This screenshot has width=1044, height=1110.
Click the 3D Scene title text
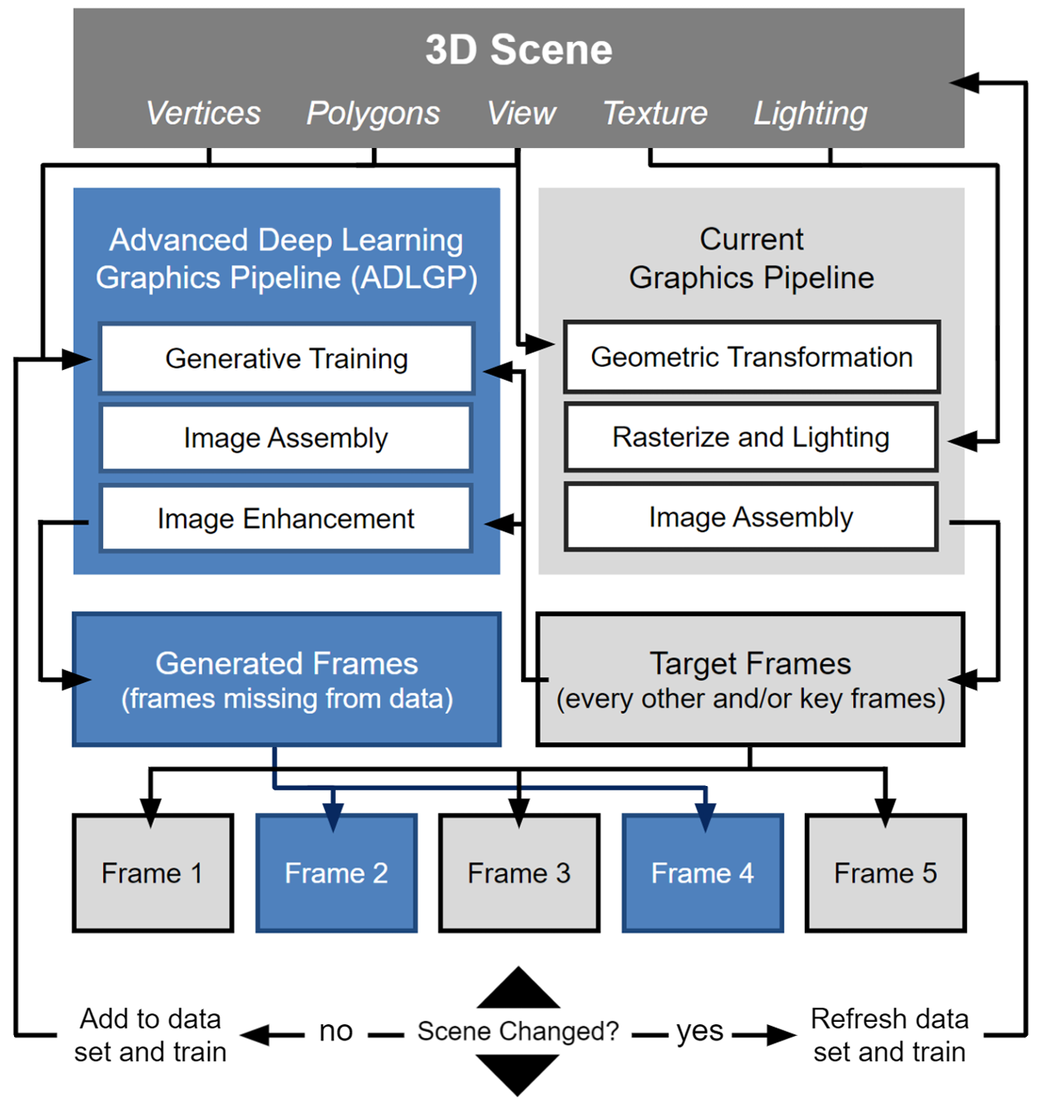click(519, 50)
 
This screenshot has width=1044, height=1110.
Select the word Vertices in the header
click(203, 114)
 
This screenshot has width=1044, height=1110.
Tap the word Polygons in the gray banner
click(373, 114)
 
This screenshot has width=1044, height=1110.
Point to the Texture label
click(655, 114)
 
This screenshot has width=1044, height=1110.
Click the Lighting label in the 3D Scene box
click(810, 114)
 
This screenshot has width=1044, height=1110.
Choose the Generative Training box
click(287, 359)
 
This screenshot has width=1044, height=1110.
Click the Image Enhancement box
click(286, 519)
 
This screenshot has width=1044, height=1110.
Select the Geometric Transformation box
click(751, 358)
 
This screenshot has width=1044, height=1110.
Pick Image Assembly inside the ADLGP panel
click(286, 439)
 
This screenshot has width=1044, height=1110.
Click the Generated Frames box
click(287, 680)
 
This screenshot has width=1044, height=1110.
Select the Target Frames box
click(749, 680)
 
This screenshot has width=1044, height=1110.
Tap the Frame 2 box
click(337, 873)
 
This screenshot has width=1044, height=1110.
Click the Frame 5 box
click(885, 873)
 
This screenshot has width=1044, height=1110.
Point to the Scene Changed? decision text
click(518, 1031)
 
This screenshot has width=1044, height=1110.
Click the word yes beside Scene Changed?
click(700, 1031)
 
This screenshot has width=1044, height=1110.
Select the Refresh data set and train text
click(889, 1035)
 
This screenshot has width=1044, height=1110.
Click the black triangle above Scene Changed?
click(518, 992)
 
